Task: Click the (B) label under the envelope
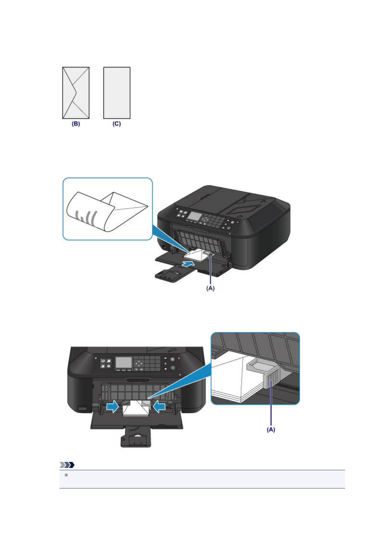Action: (x=75, y=124)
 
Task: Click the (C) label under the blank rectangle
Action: (x=116, y=124)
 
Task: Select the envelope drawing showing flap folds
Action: (x=75, y=93)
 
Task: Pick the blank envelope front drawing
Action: (x=117, y=93)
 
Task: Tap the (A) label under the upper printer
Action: (x=210, y=288)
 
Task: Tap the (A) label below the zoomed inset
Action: (x=271, y=430)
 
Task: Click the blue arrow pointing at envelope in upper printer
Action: (x=188, y=263)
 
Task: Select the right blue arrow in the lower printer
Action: (x=159, y=407)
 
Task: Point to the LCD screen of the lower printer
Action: (x=123, y=363)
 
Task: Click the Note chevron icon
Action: (x=67, y=465)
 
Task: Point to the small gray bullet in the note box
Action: (x=66, y=475)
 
